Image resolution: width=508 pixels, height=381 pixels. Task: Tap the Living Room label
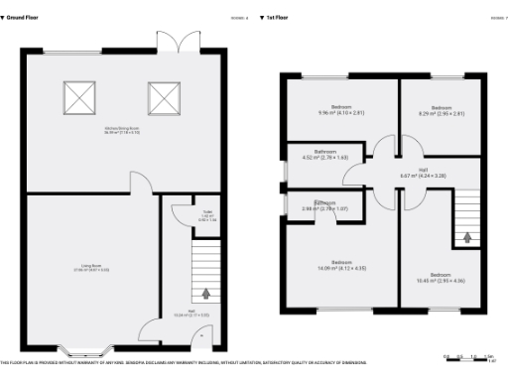[95, 267]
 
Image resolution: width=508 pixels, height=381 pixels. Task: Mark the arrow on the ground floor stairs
[206, 293]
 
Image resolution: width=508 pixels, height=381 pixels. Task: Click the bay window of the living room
[85, 350]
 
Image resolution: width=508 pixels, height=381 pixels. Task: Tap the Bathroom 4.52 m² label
[325, 155]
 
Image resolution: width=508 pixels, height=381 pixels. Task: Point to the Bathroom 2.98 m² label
[324, 205]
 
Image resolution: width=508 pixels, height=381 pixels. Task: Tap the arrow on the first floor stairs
[467, 237]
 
